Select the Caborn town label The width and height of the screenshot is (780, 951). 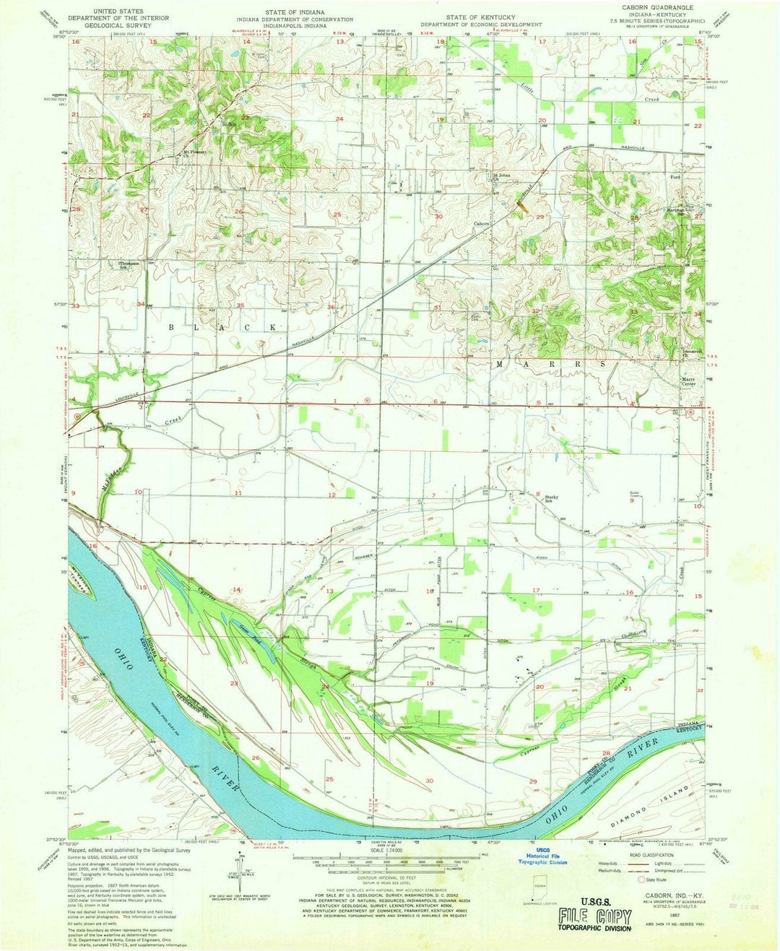481,224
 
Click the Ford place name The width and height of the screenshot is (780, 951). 675,176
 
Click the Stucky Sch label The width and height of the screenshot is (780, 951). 553,498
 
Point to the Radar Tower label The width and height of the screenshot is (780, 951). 636,495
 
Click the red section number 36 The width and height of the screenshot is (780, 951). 331,308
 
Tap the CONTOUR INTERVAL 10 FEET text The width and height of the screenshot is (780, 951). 385,879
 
